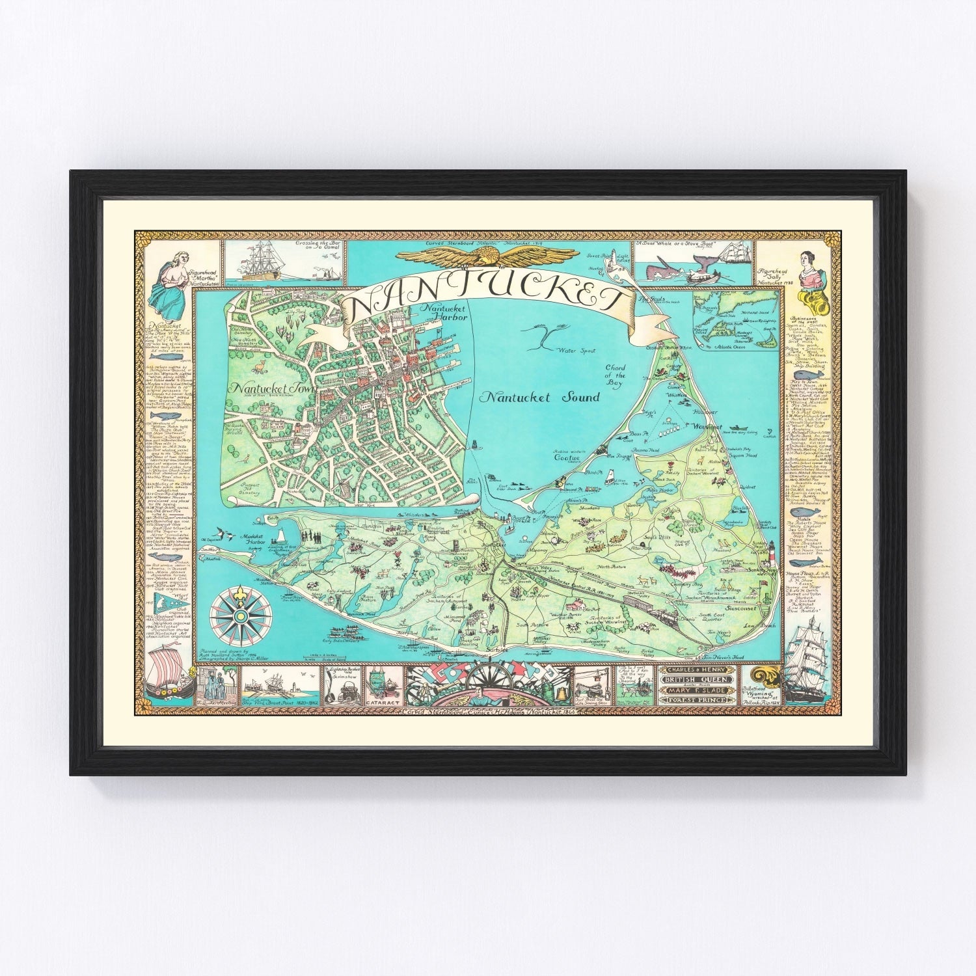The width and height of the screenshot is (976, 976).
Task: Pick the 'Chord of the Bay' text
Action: [615, 375]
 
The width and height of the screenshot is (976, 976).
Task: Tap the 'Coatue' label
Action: [566, 457]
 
